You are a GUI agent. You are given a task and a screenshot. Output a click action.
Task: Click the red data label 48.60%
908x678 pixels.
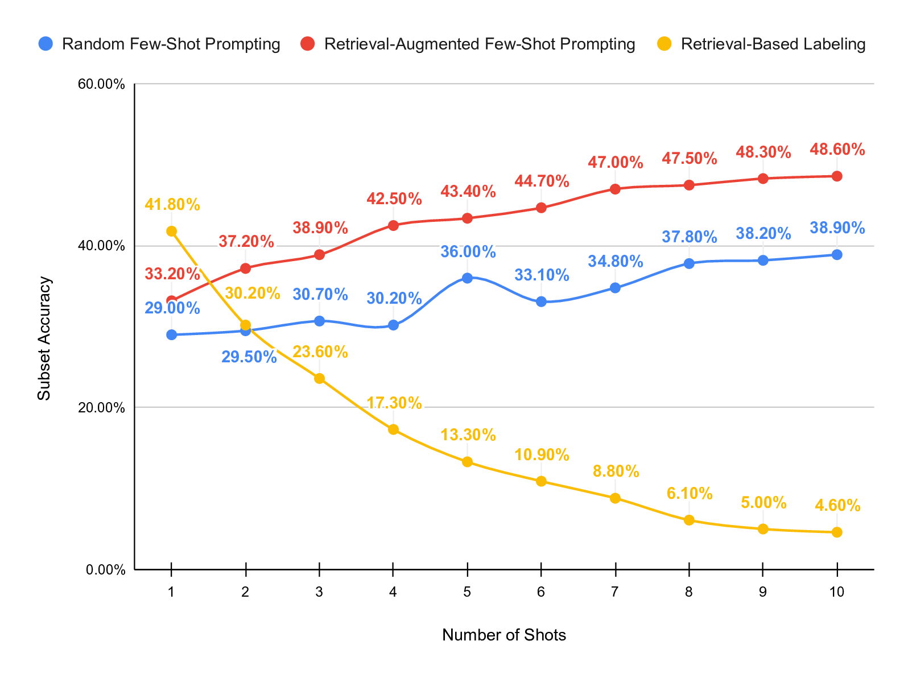(x=837, y=150)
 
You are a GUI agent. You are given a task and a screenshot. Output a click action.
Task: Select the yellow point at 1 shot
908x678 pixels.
(x=171, y=231)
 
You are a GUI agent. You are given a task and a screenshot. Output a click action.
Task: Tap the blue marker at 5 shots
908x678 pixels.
(x=467, y=278)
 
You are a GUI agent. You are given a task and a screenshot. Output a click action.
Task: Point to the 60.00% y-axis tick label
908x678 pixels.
(x=101, y=84)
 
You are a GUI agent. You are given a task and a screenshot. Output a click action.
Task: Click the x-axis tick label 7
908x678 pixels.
(x=614, y=592)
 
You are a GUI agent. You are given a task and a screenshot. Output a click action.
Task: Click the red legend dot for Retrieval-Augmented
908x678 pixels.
(x=308, y=44)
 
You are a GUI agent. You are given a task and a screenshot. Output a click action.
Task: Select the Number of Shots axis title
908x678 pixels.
(x=503, y=635)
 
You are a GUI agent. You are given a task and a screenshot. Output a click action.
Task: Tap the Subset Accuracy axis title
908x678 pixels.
(x=44, y=338)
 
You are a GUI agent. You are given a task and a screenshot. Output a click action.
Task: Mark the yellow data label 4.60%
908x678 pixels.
(x=837, y=505)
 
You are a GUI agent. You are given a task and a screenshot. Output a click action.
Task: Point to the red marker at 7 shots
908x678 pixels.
(x=615, y=189)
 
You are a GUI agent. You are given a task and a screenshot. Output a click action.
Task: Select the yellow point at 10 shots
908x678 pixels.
(x=837, y=532)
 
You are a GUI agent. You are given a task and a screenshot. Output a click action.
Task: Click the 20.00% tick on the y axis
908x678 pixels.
(x=101, y=408)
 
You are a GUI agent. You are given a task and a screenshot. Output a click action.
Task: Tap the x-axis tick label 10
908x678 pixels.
(x=836, y=592)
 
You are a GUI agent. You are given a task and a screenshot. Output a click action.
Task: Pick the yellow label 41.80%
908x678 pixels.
(x=172, y=205)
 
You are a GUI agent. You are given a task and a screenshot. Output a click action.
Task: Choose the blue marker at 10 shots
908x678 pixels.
(x=837, y=254)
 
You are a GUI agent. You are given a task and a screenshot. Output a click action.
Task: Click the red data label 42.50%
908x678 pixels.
(x=394, y=199)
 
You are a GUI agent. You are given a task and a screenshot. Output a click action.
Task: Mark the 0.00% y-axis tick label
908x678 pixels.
(x=104, y=569)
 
